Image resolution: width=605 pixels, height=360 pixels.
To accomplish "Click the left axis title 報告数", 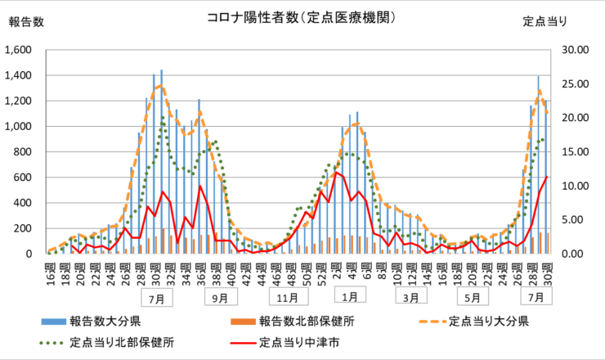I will (26, 21).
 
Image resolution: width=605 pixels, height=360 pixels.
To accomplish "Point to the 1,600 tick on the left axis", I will (19, 50).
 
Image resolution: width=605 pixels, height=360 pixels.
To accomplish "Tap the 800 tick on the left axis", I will (24, 152).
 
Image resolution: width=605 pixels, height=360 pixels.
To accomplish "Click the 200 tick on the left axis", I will (24, 228).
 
